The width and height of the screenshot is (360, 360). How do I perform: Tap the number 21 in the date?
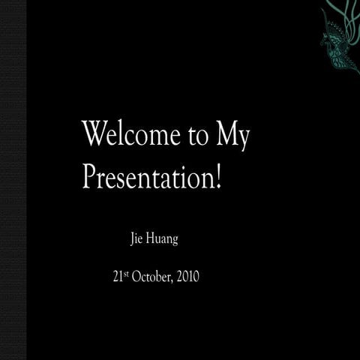117,277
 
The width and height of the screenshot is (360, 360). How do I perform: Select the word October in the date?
150,277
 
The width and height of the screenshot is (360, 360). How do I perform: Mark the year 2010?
187,277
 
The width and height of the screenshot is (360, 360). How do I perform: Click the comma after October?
173,280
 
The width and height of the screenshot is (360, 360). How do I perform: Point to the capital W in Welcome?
92,134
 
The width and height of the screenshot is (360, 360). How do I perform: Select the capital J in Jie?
132,240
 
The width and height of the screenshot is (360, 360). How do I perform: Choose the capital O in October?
136,277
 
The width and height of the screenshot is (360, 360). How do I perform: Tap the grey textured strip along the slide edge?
13,180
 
